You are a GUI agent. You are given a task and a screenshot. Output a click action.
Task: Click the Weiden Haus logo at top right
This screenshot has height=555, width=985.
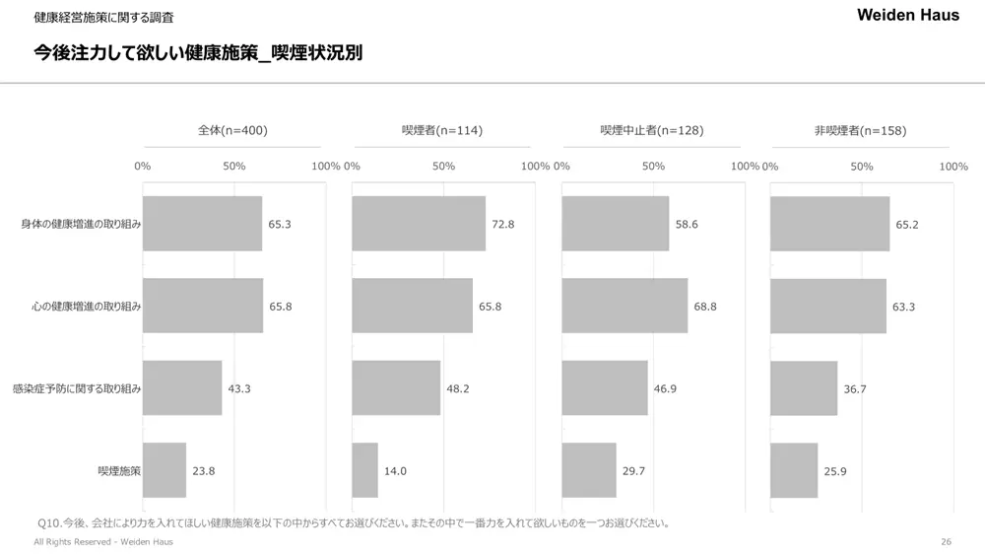(907, 15)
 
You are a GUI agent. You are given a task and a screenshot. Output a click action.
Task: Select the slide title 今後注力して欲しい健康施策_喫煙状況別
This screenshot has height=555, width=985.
(198, 52)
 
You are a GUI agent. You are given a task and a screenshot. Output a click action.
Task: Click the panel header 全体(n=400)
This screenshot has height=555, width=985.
(232, 130)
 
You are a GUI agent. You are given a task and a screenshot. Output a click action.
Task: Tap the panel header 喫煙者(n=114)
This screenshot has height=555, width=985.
(442, 130)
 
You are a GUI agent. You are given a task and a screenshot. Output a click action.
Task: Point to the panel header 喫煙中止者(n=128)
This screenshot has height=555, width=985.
(651, 130)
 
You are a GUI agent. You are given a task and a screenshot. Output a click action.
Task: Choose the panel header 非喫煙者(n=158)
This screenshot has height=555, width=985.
(860, 130)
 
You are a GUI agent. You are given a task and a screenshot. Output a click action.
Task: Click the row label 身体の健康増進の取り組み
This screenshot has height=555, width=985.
(82, 224)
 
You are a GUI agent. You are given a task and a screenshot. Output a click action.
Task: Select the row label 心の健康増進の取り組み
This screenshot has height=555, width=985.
(87, 307)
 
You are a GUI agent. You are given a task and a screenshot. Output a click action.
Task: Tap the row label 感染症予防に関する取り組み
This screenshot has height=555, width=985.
(77, 388)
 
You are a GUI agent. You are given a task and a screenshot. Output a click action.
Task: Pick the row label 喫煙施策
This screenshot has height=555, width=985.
(119, 470)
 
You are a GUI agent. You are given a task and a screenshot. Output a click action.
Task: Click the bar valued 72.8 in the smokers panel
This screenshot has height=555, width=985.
(419, 224)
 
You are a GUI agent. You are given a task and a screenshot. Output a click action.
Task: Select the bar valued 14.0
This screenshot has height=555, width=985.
(364, 470)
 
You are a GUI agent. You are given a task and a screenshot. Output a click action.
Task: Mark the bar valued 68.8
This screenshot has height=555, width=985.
(624, 306)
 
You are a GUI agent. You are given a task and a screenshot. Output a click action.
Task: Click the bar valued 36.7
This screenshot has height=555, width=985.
(804, 388)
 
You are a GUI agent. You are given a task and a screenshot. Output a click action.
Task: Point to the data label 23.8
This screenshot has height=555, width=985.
(203, 471)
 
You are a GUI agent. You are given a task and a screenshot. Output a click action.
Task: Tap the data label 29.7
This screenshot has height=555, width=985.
(633, 471)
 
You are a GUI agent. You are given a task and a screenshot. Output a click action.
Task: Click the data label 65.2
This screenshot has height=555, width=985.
(906, 225)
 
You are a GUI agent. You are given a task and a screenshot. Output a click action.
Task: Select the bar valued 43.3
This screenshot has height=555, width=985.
(182, 388)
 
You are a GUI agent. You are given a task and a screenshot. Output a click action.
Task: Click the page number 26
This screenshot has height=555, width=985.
(946, 542)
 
